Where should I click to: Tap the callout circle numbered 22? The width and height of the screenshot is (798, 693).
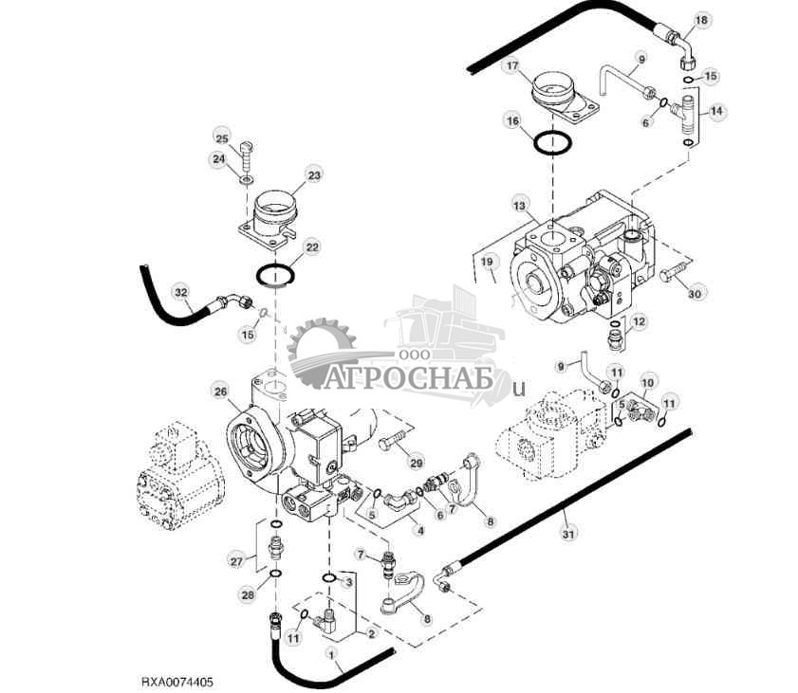[310, 247]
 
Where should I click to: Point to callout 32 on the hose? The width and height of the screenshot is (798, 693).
[181, 292]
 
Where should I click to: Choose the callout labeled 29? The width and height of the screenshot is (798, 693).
[415, 462]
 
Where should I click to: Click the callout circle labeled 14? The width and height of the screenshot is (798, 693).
[716, 111]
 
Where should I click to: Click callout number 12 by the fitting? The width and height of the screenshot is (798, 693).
[639, 321]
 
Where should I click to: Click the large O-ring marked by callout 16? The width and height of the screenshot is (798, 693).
[553, 144]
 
